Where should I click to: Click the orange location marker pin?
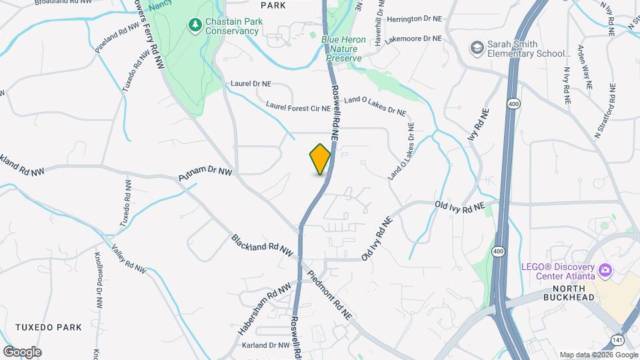(x=321, y=159)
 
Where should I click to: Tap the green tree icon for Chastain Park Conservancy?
(x=195, y=25)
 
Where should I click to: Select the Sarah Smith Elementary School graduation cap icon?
(x=477, y=47)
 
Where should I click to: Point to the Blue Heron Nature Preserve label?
(x=343, y=49)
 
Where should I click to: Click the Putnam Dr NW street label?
(x=205, y=175)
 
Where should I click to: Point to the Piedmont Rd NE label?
(x=329, y=294)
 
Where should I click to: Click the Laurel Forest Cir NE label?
(x=298, y=106)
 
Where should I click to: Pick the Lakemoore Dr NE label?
(x=413, y=39)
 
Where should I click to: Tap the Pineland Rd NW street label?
(x=117, y=40)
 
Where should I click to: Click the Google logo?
(x=22, y=352)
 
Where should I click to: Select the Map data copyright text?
(x=597, y=355)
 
